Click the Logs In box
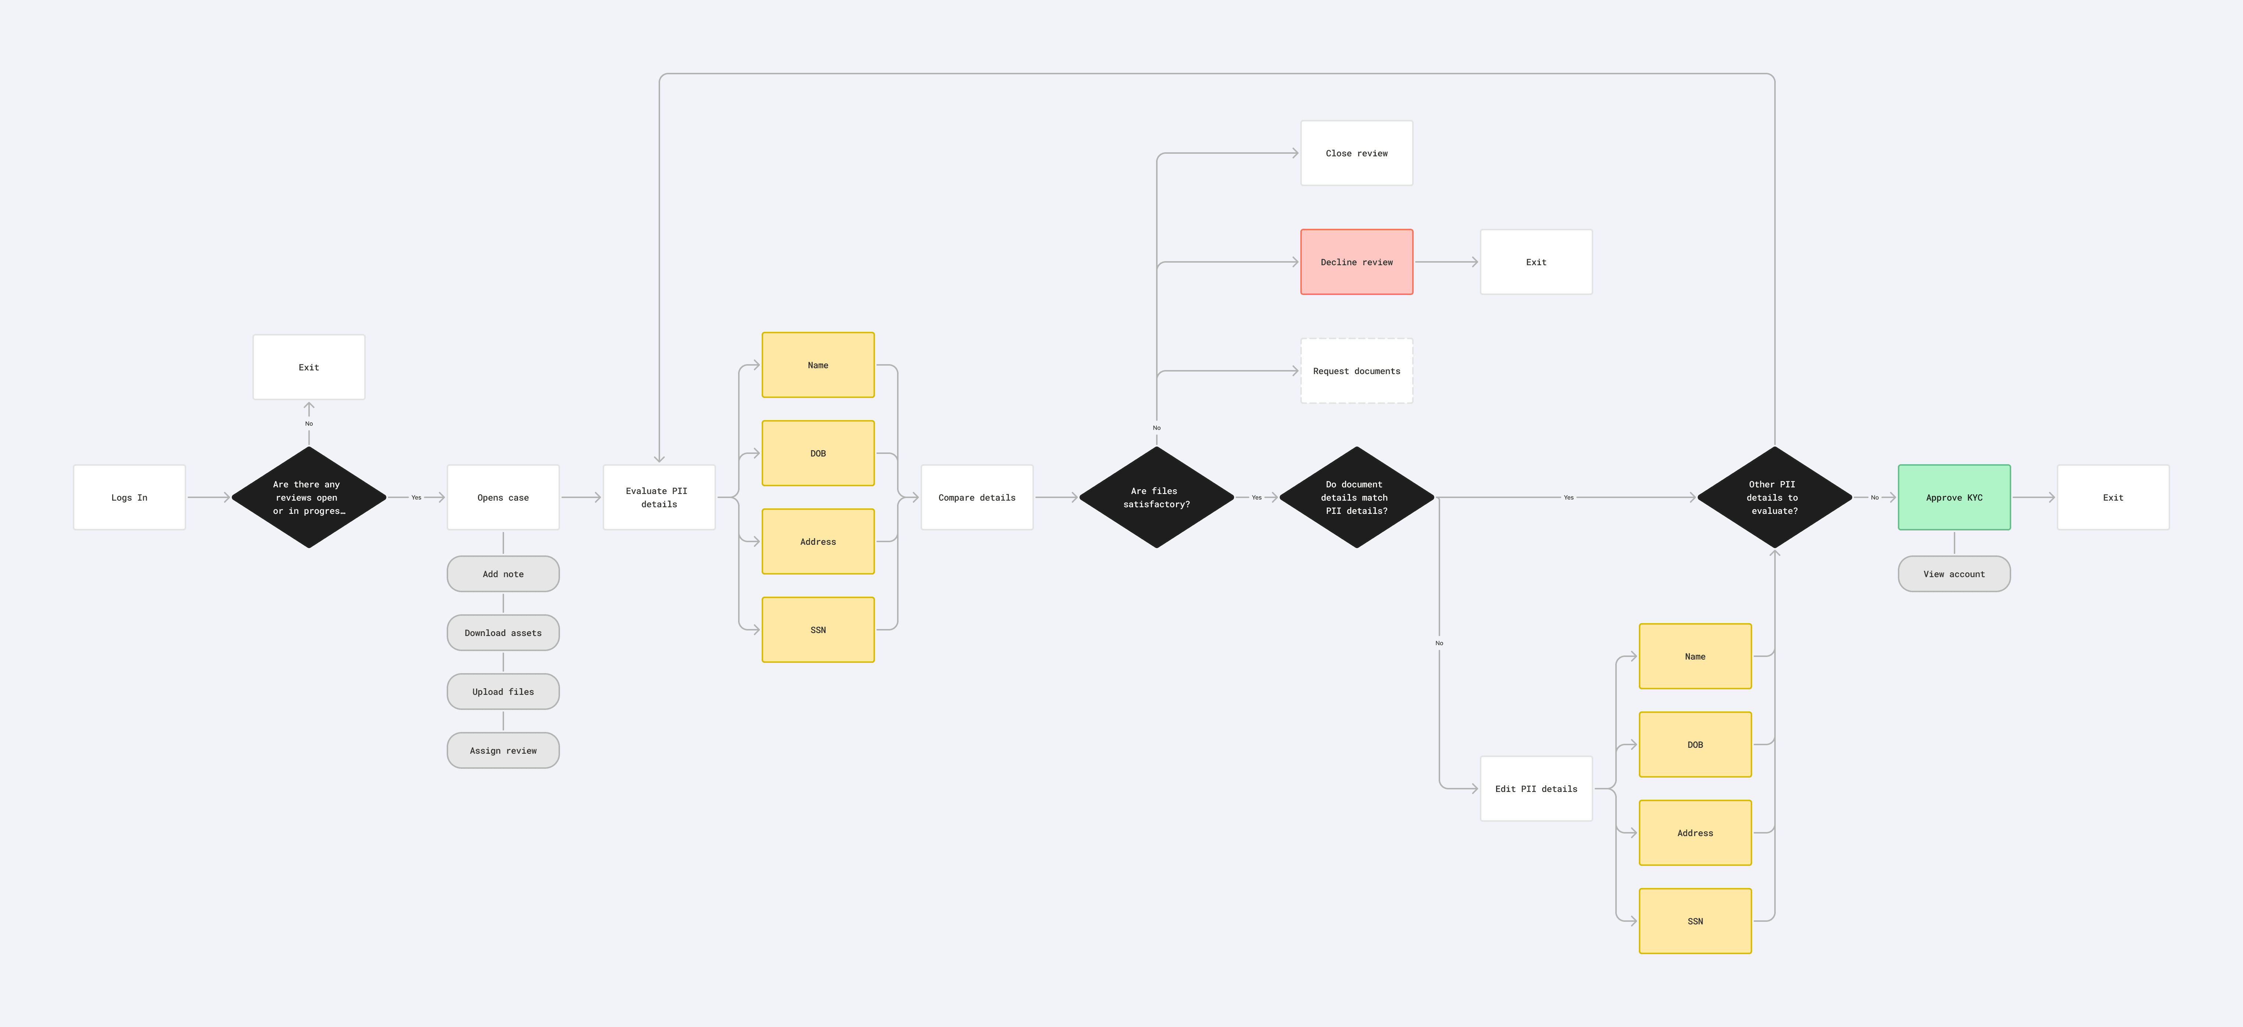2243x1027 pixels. pos(129,497)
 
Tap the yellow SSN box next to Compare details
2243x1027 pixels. pos(818,629)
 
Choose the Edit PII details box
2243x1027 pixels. pos(1536,789)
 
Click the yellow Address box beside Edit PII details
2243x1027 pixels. pos(1694,833)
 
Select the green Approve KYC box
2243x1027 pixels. pos(1954,497)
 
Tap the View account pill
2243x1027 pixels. pos(1954,573)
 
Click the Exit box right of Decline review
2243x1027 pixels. pos(1536,262)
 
